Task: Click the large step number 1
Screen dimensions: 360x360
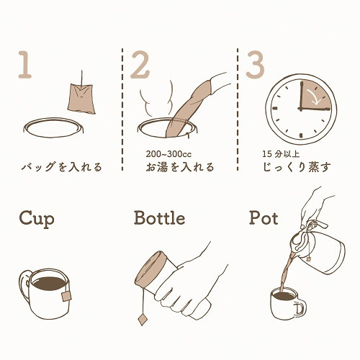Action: coord(25,65)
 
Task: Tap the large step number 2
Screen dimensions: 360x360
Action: coord(140,65)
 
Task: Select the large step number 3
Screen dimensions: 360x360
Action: coord(255,65)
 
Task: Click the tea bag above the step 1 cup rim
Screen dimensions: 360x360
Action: coord(81,99)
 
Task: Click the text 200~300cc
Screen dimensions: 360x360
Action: coord(168,154)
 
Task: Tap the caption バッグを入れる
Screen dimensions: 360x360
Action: coord(62,167)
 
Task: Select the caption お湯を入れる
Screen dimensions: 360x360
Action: coord(180,167)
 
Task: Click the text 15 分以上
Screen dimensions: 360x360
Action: coord(281,154)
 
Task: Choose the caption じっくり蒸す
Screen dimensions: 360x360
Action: coord(297,167)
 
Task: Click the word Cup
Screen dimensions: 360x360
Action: coord(37,219)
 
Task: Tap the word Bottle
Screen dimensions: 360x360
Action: coord(160,217)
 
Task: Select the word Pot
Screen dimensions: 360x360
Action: coord(264,217)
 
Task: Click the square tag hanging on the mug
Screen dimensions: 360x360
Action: coord(66,296)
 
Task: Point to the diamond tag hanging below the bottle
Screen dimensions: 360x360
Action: coord(143,319)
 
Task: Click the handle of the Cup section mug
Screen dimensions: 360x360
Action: coord(24,286)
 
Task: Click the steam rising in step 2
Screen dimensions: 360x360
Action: coord(156,99)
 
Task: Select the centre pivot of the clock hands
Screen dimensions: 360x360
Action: coord(300,109)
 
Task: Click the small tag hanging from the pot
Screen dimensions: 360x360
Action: coord(308,259)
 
